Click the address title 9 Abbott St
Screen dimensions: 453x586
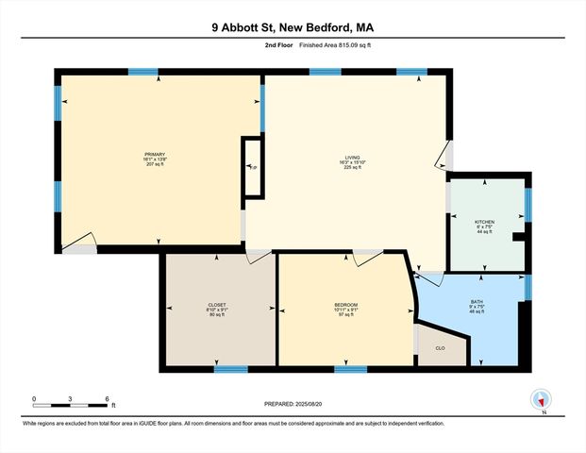tap(293, 28)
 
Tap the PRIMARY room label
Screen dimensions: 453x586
tap(155, 154)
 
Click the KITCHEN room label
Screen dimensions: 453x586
tap(484, 222)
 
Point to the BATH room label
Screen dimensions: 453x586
tap(476, 302)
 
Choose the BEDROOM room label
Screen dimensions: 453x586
tap(346, 305)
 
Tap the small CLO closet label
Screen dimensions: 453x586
tap(440, 349)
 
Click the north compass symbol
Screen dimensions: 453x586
tap(542, 400)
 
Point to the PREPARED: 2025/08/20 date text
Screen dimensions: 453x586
tap(292, 403)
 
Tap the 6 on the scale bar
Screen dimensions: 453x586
tap(109, 398)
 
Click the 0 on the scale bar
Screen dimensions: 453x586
tap(34, 398)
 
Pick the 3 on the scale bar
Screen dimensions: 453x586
tap(71, 398)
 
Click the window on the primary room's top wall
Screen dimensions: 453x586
tap(142, 72)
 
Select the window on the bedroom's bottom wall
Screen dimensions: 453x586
tap(350, 368)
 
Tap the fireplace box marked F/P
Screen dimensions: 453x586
tap(252, 168)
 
